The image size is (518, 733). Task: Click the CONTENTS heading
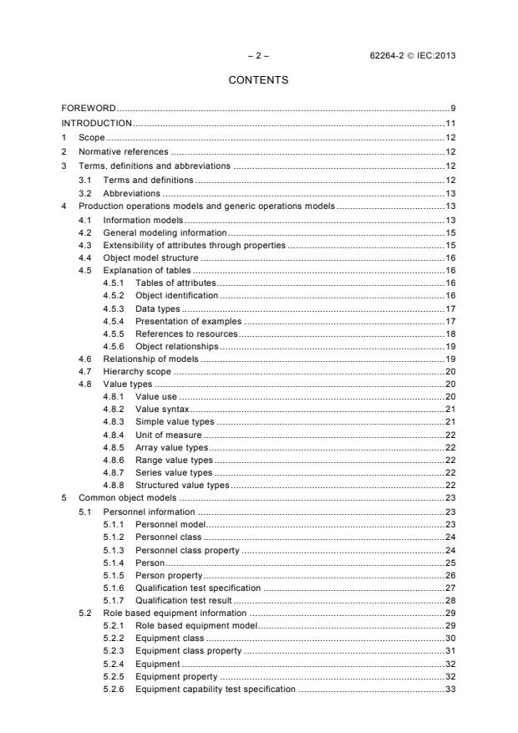(x=258, y=80)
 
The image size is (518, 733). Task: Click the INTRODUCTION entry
(x=97, y=123)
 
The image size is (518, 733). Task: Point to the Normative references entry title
(x=124, y=151)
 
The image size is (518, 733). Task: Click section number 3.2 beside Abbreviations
(x=84, y=193)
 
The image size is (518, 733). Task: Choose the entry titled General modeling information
(x=165, y=232)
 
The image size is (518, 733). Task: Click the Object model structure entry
(x=150, y=259)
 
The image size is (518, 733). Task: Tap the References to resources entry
(x=180, y=333)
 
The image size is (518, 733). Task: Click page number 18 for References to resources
(x=449, y=333)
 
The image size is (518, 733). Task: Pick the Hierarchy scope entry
(x=137, y=370)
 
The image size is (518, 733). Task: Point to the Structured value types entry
(x=182, y=486)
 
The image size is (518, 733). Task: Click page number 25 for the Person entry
(x=449, y=562)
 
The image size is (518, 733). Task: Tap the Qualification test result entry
(x=184, y=600)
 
